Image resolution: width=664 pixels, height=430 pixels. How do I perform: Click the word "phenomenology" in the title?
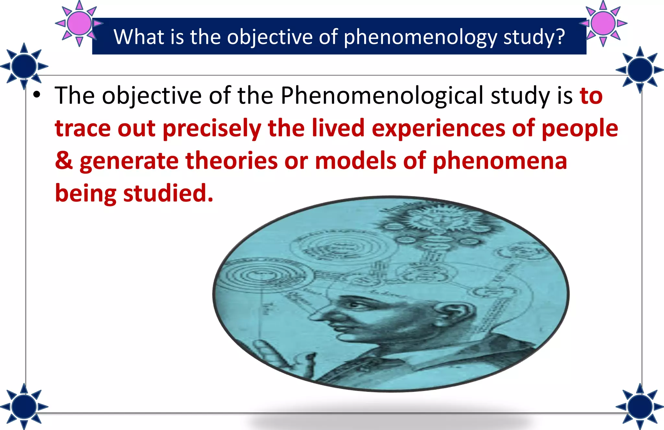click(420, 37)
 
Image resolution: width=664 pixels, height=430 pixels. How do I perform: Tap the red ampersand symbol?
click(64, 161)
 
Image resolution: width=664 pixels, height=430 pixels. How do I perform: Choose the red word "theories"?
click(231, 161)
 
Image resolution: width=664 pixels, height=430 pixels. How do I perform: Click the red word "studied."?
click(168, 193)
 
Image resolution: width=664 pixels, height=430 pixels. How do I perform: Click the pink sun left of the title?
click(79, 23)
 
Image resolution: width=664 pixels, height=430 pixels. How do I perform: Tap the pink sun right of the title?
click(603, 23)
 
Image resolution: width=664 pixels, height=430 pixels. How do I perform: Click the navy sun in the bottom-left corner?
click(24, 406)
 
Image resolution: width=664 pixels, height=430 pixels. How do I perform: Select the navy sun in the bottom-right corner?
click(640, 406)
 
